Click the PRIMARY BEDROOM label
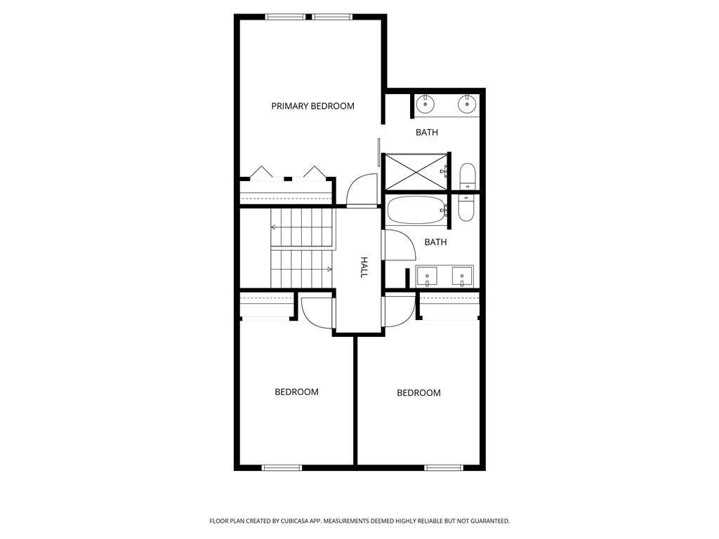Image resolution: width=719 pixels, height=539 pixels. tap(312, 106)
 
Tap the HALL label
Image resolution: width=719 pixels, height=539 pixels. tap(364, 267)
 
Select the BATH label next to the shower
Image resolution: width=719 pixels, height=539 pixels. tap(427, 132)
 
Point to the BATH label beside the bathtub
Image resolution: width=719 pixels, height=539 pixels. tap(435, 242)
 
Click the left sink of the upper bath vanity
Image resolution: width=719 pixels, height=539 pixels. tap(426, 105)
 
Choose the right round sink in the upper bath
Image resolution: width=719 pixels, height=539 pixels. tap(467, 105)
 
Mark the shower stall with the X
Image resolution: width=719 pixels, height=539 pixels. tap(416, 172)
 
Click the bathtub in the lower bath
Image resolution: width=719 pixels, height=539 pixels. tap(417, 210)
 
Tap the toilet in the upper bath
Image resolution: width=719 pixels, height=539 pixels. tap(468, 175)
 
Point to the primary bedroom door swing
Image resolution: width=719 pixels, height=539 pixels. tap(361, 189)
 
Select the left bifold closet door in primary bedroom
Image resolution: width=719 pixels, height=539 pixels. tap(262, 173)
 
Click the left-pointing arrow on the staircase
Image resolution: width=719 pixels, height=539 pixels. tap(274, 227)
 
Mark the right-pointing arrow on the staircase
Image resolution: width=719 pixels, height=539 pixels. tap(329, 269)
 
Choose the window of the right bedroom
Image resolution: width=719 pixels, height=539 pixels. tap(444, 467)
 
